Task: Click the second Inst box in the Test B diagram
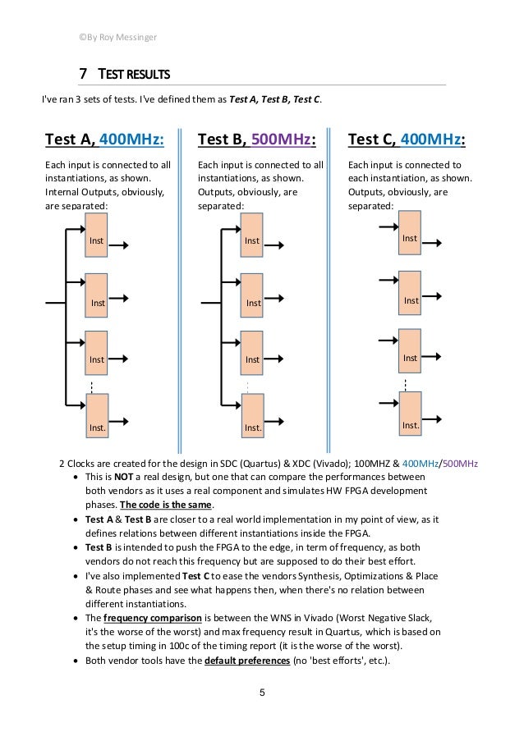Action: (x=252, y=298)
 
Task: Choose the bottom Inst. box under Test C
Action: (x=409, y=415)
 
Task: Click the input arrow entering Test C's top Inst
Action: (x=386, y=223)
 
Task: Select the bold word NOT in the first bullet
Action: (x=122, y=477)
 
